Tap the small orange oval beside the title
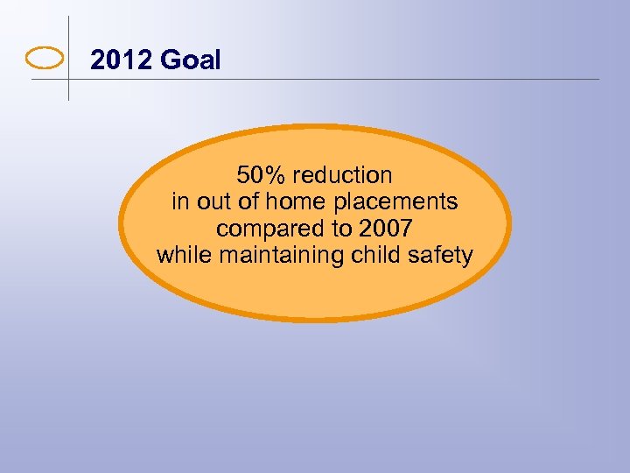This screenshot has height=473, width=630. tap(45, 59)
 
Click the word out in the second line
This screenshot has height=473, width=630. tap(214, 201)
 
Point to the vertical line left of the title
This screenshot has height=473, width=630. tap(68, 35)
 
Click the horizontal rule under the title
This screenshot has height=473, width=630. tap(350, 80)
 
